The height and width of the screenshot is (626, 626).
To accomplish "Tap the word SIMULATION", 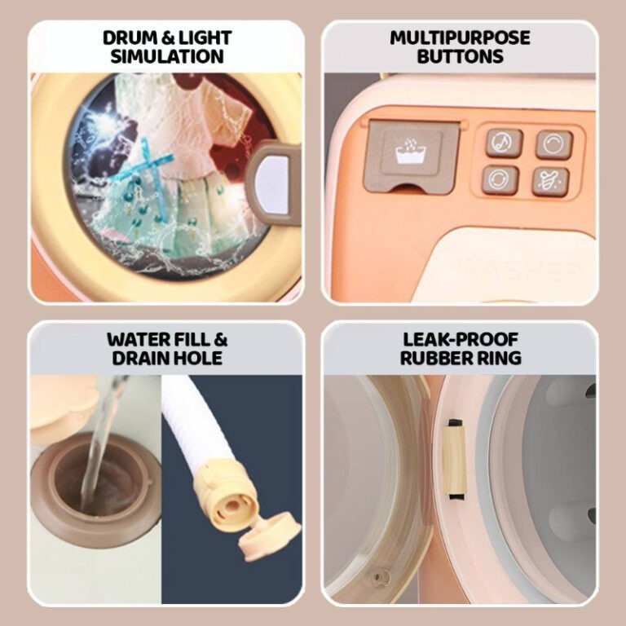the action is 167,56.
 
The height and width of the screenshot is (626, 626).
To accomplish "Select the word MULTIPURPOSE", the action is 460,38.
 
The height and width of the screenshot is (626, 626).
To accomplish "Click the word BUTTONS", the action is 460,56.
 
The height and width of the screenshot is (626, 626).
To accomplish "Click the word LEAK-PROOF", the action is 461,339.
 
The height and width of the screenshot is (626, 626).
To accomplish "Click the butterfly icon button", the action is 550,182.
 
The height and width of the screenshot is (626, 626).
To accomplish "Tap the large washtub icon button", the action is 412,154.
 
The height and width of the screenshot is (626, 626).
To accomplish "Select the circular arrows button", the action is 500,179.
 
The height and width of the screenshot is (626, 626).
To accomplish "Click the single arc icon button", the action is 553,144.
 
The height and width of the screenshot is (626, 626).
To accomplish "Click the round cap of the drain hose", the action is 270,536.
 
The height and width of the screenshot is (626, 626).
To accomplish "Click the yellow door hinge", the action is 455,459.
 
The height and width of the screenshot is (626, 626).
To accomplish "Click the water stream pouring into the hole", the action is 99,443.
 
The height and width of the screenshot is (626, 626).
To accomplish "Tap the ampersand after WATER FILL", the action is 220,339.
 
